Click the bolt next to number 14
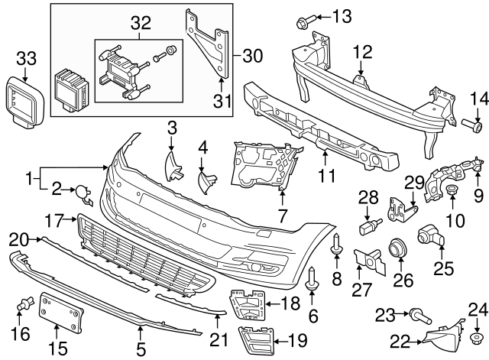point(474,121)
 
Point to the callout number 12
point(361,52)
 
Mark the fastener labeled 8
point(336,244)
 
